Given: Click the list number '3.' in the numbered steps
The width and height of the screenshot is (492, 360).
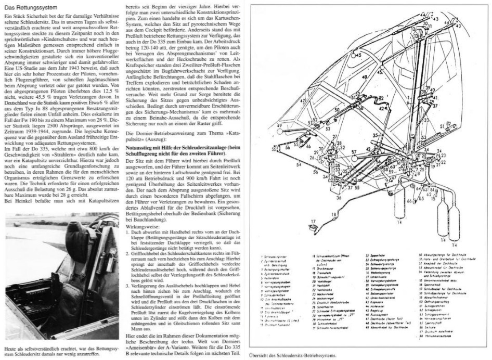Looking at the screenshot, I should tap(130, 288).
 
